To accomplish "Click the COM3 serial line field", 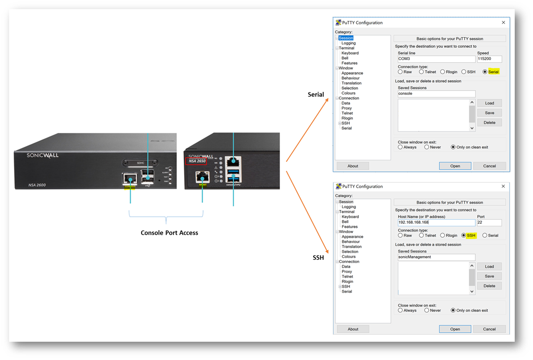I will [x=436, y=59].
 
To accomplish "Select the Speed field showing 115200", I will [x=489, y=59].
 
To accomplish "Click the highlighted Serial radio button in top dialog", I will [x=485, y=72].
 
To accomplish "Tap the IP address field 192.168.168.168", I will [x=436, y=222].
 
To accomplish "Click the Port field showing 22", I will [x=489, y=222].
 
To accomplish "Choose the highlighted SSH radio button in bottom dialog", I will [x=464, y=236].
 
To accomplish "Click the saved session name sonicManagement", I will [x=436, y=257].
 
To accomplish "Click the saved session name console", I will [x=436, y=94].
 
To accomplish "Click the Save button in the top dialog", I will [x=489, y=113].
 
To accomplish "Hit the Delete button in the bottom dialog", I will [x=489, y=286].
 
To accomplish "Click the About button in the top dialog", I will [x=353, y=166].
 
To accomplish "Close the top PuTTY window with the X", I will [x=503, y=23].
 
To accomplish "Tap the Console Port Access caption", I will [x=169, y=233].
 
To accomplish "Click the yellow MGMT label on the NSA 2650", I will [x=202, y=185].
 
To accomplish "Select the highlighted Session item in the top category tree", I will [x=346, y=38].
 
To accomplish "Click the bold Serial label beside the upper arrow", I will [x=316, y=94].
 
